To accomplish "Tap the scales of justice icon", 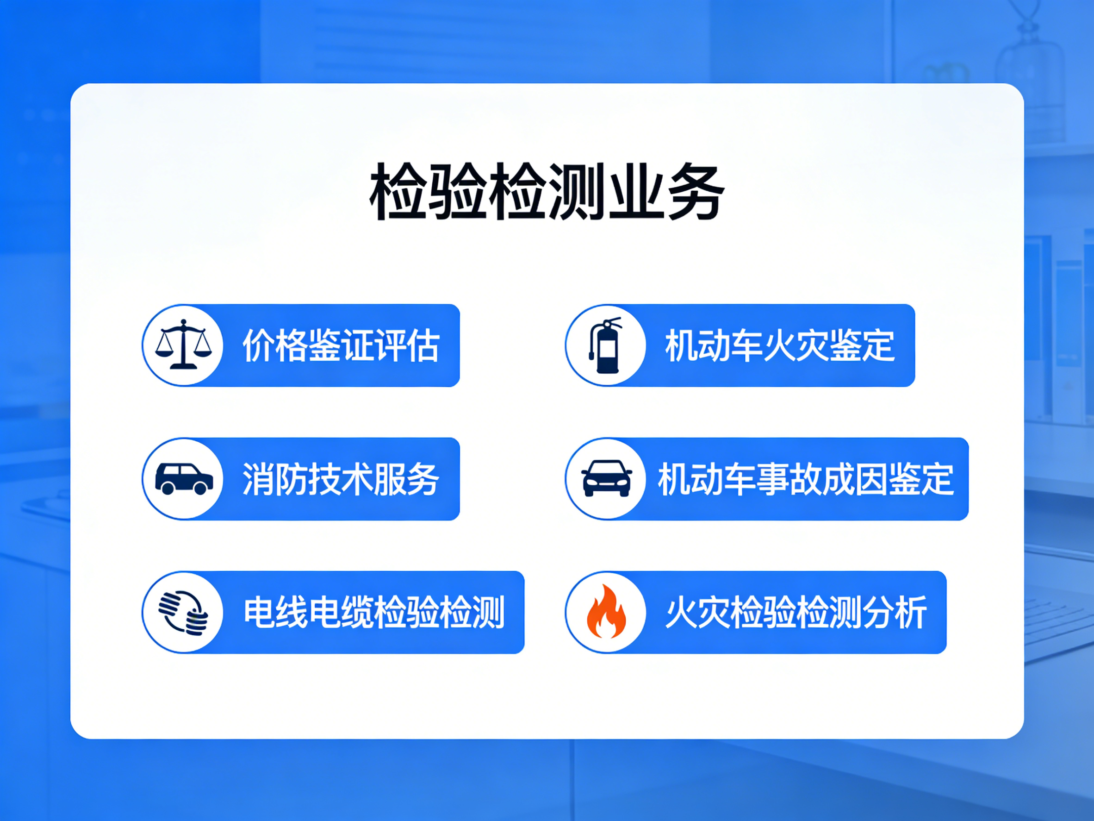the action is [183, 345].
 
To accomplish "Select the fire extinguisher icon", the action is [605, 345].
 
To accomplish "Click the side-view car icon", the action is [184, 478].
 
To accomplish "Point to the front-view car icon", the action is [606, 478].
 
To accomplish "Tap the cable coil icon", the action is [183, 612].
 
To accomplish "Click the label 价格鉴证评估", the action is [341, 345].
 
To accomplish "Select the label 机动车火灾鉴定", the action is [780, 345].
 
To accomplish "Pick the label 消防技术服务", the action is [341, 479].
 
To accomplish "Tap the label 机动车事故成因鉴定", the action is [806, 479].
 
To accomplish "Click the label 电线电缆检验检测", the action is [374, 613].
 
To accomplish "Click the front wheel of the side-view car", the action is [200, 488].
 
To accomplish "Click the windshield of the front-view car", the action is [606, 468].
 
